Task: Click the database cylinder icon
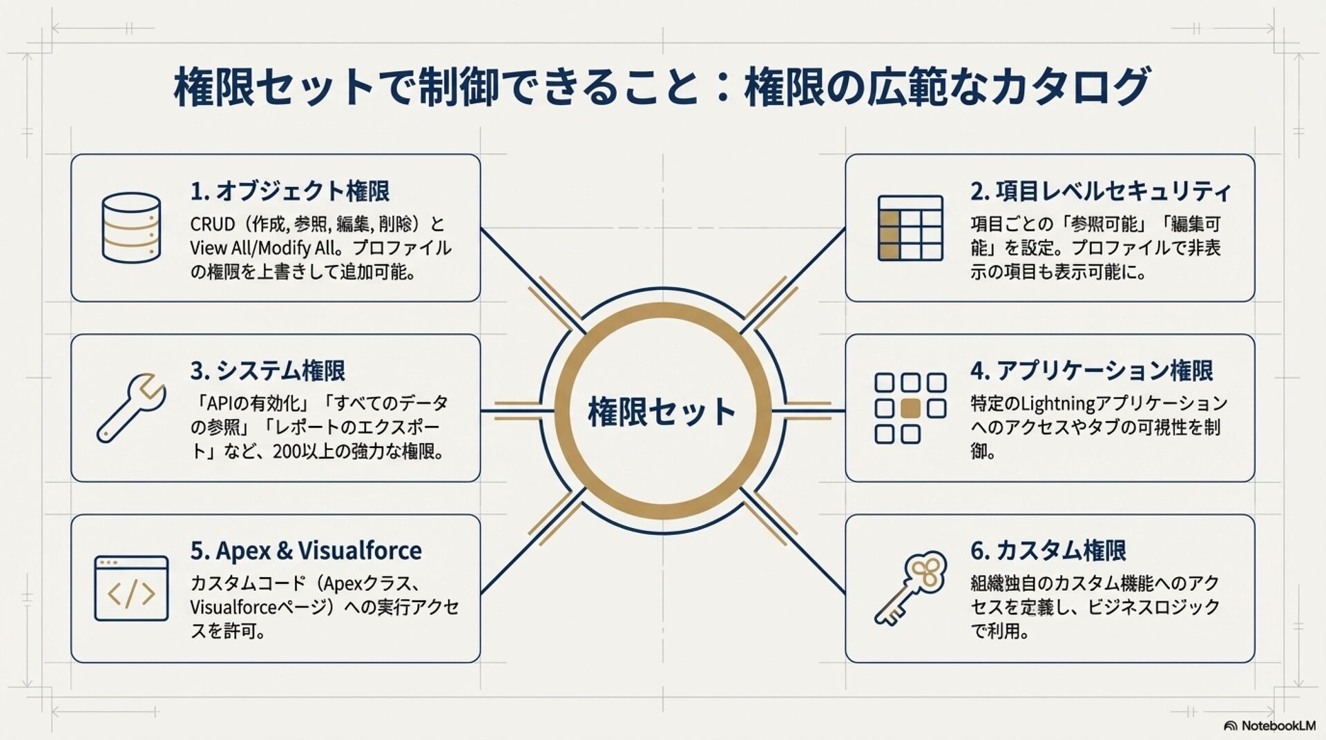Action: point(131,227)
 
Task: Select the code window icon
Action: point(131,588)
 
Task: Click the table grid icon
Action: point(910,228)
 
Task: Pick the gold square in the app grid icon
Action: point(910,408)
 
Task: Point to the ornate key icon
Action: point(910,588)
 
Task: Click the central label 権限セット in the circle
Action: point(662,411)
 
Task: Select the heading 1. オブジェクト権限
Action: point(289,191)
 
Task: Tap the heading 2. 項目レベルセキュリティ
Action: point(1100,191)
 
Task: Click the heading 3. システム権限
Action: point(267,371)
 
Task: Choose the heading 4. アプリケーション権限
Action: point(1091,371)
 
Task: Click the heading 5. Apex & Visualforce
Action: point(305,551)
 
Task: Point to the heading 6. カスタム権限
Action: point(1048,551)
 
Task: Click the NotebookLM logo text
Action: point(1278,726)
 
